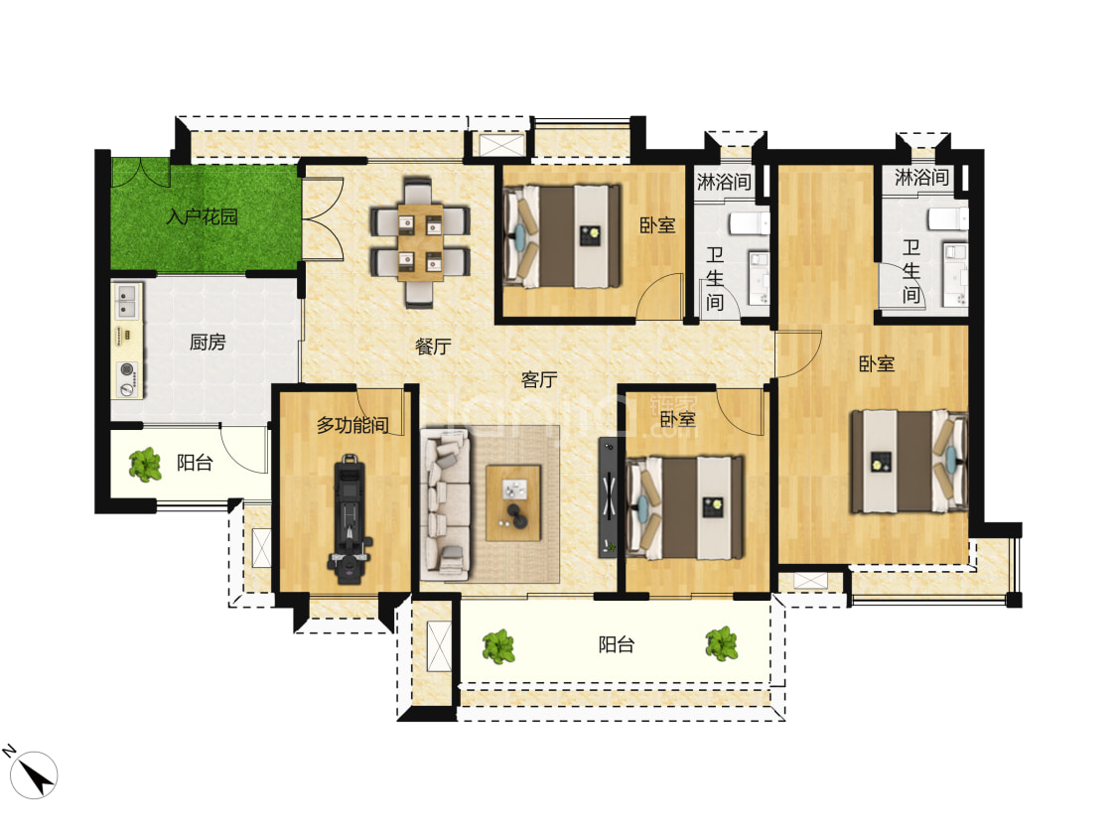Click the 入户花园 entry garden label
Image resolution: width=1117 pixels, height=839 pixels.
[x=203, y=216]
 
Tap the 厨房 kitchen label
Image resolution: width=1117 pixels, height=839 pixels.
[x=208, y=343]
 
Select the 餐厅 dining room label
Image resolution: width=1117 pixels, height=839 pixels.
[x=433, y=347]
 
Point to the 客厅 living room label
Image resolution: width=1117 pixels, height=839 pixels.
[x=538, y=379]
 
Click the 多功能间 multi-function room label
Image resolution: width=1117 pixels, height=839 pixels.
[x=352, y=425]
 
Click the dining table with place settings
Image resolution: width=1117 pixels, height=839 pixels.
[x=420, y=242]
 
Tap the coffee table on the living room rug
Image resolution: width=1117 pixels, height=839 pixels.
[x=513, y=502]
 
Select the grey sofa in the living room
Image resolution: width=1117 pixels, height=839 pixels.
[x=446, y=504]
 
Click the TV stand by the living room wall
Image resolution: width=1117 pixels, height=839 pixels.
[x=608, y=496]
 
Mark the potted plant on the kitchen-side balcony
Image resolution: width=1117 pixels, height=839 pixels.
[x=145, y=465]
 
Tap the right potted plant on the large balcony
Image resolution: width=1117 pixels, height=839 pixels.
[x=722, y=643]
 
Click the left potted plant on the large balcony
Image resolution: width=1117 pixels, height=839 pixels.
[x=498, y=646]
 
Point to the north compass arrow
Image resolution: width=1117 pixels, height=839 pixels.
[x=34, y=774]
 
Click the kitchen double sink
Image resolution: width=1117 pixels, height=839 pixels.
[x=127, y=301]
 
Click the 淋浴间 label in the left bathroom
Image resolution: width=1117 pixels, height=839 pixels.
[x=724, y=182]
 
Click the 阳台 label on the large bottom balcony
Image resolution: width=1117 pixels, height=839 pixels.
[x=617, y=645]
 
